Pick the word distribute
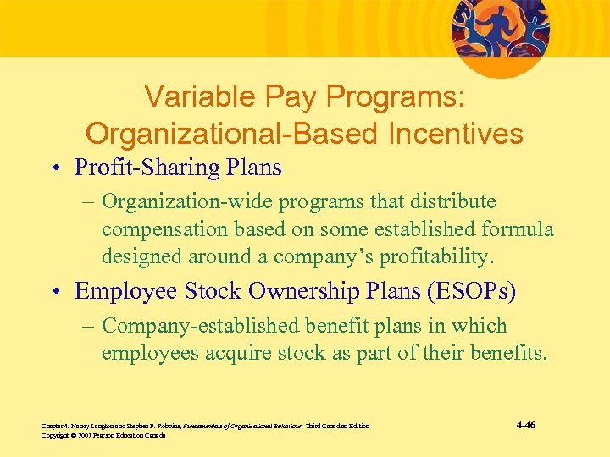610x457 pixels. [x=454, y=202]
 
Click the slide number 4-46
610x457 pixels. [x=524, y=425]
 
